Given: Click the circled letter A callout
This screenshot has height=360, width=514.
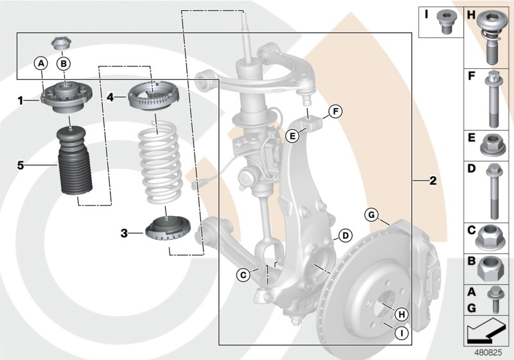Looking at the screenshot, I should [x=40, y=63].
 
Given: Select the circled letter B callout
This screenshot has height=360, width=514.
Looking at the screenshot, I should [x=64, y=63].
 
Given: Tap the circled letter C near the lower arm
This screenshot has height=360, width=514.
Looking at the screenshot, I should [x=243, y=275].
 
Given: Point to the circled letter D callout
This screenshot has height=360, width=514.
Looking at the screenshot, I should [x=344, y=235].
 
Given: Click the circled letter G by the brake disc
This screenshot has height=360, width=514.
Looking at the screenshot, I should [x=371, y=215].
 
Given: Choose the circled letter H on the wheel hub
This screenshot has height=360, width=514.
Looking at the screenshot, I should [x=401, y=314].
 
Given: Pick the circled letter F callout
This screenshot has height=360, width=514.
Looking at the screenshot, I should [x=333, y=113].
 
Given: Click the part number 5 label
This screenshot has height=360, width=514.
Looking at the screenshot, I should [x=21, y=165].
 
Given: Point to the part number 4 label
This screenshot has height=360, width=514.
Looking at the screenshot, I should [x=111, y=98].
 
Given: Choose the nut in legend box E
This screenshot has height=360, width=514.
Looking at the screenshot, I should [x=491, y=145].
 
